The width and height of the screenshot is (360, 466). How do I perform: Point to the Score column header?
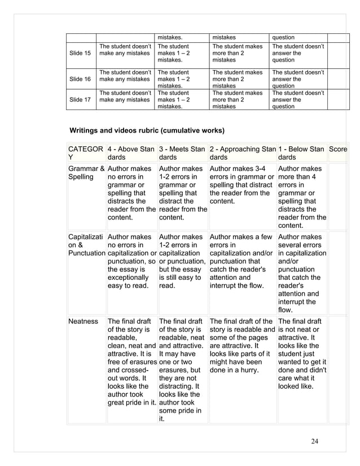click(x=338, y=149)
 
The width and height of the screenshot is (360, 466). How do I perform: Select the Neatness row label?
click(x=83, y=321)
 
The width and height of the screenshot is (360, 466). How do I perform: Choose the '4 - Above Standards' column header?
click(x=131, y=153)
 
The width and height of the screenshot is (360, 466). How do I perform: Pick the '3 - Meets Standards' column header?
click(x=182, y=153)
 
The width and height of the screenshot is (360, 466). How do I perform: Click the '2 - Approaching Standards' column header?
click(x=243, y=153)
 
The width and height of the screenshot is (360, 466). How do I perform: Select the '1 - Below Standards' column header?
click(x=301, y=153)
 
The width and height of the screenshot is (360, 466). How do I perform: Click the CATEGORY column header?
click(x=86, y=153)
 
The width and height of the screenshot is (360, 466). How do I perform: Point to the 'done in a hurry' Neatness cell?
click(x=242, y=346)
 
